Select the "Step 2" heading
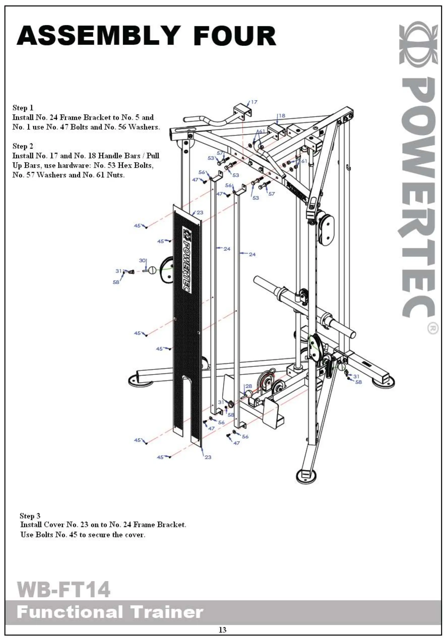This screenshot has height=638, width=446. tap(23, 146)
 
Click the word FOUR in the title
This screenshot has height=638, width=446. tap(235, 36)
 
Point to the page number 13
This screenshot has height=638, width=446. tap(222, 629)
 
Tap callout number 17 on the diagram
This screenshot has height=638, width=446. tap(254, 102)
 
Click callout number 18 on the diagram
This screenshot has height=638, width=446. tap(282, 115)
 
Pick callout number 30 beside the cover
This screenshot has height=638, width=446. tap(142, 260)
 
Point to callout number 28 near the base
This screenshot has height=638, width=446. tap(248, 386)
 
